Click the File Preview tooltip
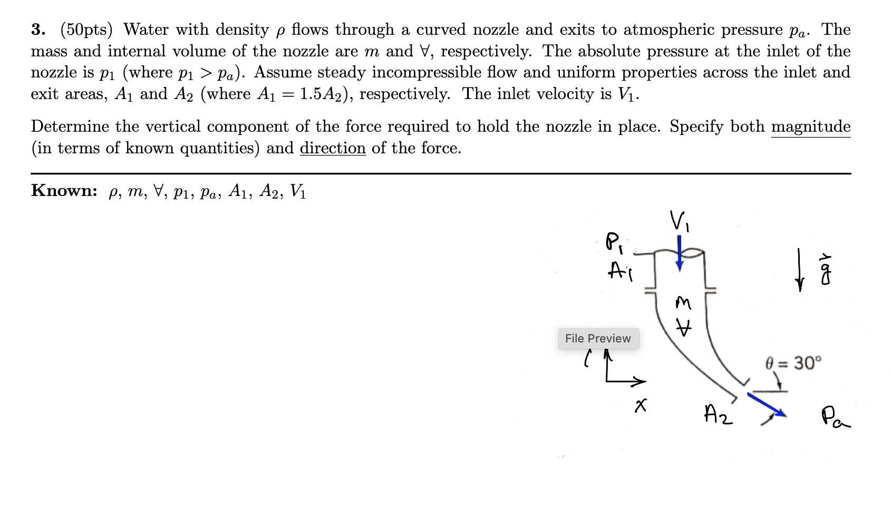click(x=598, y=338)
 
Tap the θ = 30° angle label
click(x=793, y=363)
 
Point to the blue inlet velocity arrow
click(x=680, y=253)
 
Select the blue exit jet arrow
click(x=766, y=405)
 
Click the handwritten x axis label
click(x=641, y=405)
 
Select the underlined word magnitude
click(x=810, y=127)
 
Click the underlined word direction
click(x=333, y=149)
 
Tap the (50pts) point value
click(x=86, y=30)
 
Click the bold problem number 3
click(x=37, y=30)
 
